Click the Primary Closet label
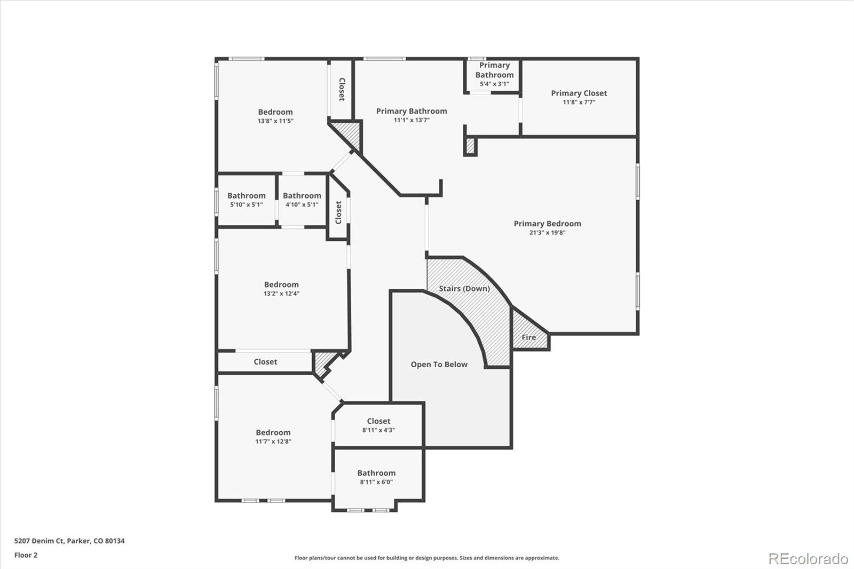point(579,93)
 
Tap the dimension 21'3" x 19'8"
point(547,233)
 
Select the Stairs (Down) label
point(464,289)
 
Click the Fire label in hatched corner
point(528,337)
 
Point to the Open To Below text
point(439,365)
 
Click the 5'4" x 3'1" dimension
point(494,84)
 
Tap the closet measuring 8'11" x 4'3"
point(378,425)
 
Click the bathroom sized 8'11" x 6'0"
point(376,477)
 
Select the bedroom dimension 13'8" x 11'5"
point(275,121)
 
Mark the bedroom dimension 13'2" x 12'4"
point(281,294)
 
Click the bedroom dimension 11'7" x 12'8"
point(273,441)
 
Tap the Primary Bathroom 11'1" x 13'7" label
point(412,115)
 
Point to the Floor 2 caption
point(26,555)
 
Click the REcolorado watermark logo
point(808,559)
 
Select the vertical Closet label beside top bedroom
point(342,89)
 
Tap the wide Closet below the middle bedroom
point(265,362)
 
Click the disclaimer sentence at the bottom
point(427,558)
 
